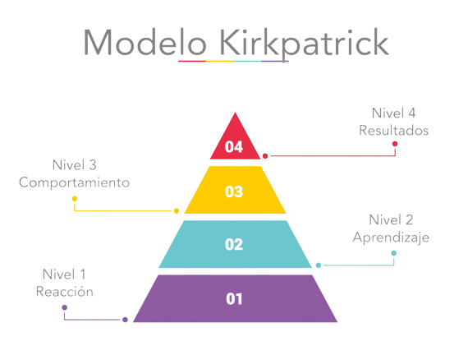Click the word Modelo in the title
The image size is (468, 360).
point(145,42)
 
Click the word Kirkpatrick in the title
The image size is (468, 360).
point(304,44)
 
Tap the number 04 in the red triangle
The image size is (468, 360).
point(234,146)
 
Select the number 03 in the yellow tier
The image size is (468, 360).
point(234,192)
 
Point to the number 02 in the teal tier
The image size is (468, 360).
point(234,244)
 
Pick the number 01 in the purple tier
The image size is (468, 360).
point(234,298)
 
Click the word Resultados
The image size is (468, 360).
point(393,131)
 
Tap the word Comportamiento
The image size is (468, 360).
point(75,182)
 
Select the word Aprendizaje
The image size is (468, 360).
point(391,238)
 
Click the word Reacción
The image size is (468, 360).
point(65,291)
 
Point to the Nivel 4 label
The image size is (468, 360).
point(393,113)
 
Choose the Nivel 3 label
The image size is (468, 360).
point(75,165)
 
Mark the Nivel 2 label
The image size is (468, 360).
point(391,220)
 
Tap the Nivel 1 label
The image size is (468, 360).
point(64,275)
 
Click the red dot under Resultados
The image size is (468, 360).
point(395,144)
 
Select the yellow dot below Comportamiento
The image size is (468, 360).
point(75,199)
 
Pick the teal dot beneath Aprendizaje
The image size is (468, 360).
point(393,253)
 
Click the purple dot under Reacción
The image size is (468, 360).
point(65,307)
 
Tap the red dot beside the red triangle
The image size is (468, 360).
point(265,155)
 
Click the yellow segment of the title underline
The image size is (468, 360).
point(220,62)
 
